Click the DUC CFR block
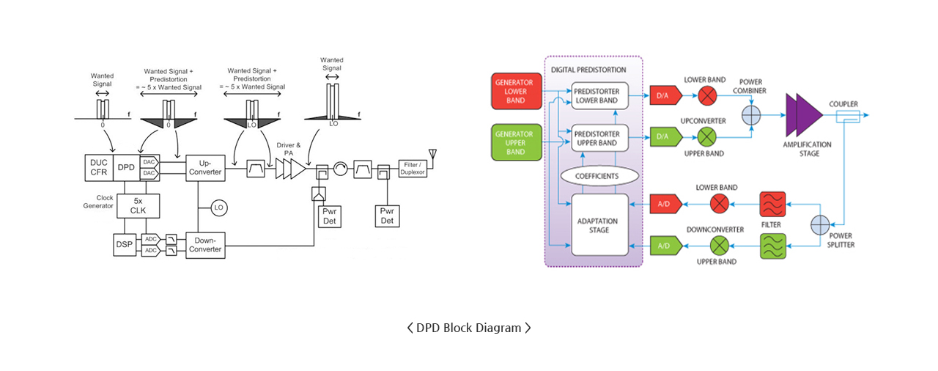[99, 167]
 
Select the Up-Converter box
[205, 168]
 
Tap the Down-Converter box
[205, 246]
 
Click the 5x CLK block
[139, 205]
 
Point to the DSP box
[125, 245]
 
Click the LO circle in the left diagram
[218, 207]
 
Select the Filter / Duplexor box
[413, 169]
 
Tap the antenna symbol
[432, 154]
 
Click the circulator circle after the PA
[341, 169]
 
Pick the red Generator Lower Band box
[517, 92]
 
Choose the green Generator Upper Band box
[517, 142]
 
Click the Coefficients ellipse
[599, 176]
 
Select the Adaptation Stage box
[599, 225]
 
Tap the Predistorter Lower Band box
[599, 96]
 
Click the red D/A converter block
[665, 95]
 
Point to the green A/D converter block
[665, 246]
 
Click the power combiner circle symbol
[751, 115]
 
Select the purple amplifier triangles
[804, 115]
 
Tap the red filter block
[772, 205]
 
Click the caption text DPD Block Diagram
[468, 328]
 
